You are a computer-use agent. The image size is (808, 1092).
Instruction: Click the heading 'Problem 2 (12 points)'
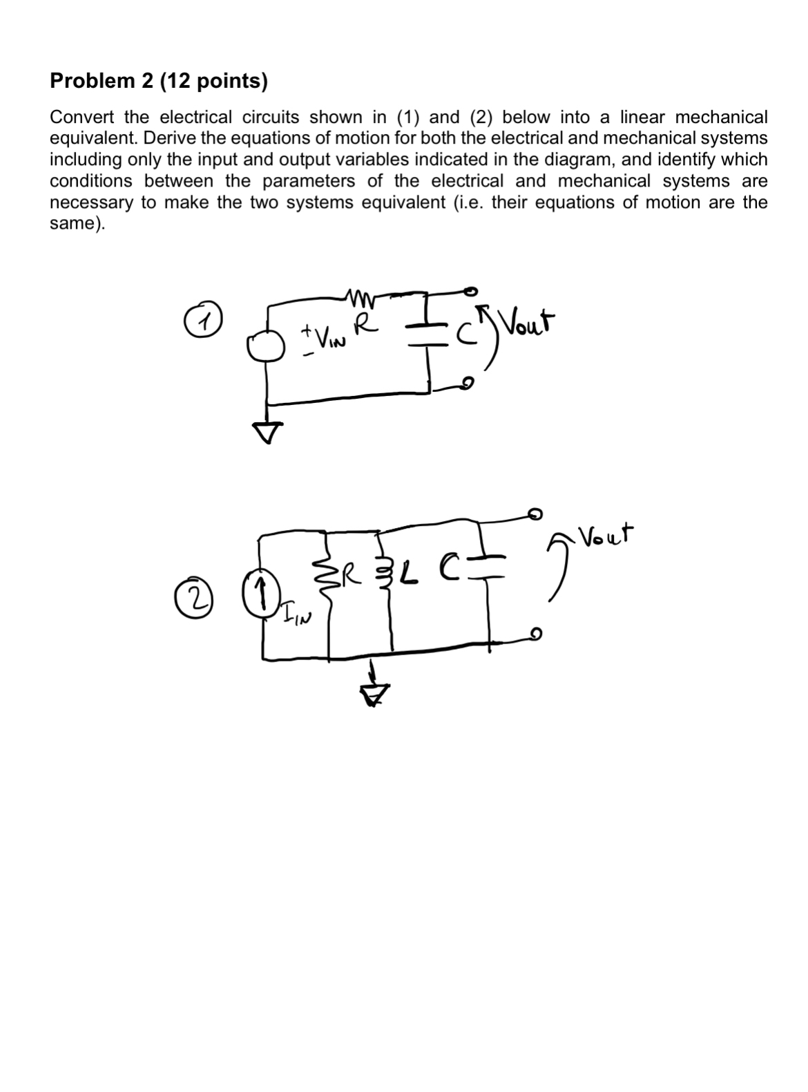point(158,82)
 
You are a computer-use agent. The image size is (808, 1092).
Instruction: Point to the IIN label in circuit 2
point(294,613)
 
